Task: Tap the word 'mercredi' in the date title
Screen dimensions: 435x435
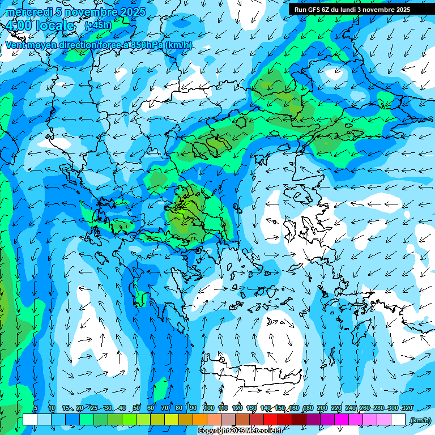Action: (28, 12)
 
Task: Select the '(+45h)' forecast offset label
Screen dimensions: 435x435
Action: (98, 25)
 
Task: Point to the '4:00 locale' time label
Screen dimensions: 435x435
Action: (40, 25)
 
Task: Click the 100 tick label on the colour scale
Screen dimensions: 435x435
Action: (208, 408)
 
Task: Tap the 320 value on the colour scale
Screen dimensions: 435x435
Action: (407, 408)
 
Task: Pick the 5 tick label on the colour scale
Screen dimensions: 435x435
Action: (36, 408)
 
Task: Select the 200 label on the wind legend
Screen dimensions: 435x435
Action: (322, 408)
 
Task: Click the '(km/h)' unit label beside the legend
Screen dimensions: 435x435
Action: (420, 420)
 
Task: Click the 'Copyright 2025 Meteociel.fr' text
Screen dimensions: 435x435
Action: (240, 431)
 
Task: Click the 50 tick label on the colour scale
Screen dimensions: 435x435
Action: (137, 408)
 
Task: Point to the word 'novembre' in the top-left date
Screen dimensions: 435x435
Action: (91, 12)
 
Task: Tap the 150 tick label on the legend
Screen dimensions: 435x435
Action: (279, 408)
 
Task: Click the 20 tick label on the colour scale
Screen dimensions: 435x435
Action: (80, 408)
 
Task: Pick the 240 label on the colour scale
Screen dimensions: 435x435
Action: (350, 408)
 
